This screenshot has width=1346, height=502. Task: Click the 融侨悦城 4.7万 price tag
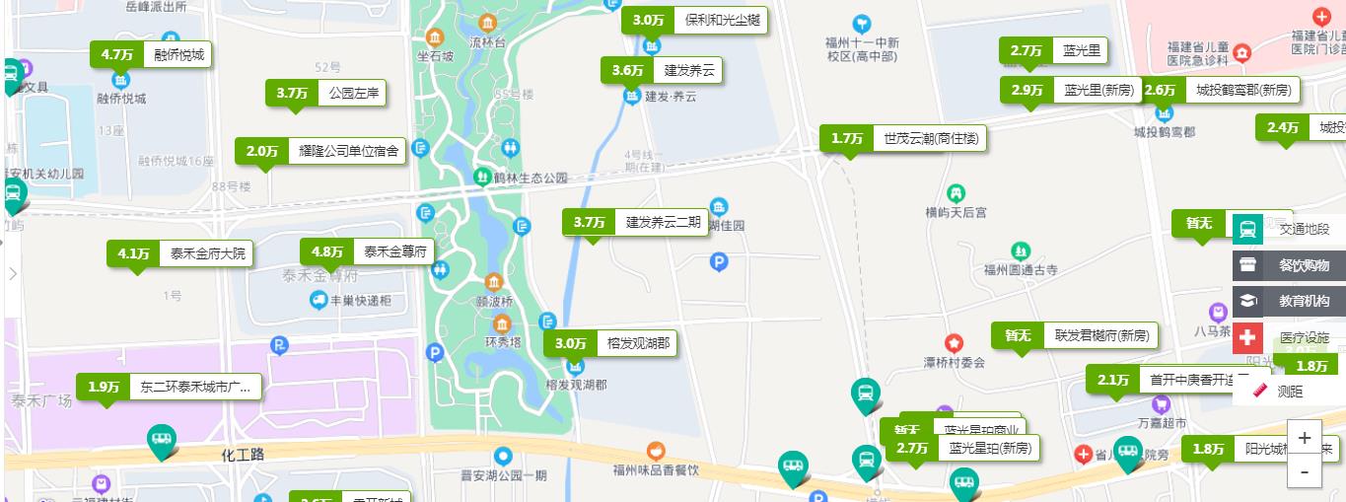[x=151, y=55]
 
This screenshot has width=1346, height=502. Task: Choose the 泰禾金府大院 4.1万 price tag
[x=179, y=253]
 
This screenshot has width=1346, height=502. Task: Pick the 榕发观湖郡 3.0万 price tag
[x=610, y=343]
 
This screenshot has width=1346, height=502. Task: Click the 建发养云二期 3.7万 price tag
[x=635, y=222]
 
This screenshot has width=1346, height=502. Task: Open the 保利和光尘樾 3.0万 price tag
[x=694, y=20]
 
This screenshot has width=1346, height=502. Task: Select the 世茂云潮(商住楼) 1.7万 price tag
[x=902, y=139]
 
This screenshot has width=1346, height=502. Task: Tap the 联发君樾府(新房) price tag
[x=1074, y=335]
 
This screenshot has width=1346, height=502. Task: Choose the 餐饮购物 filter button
[x=1289, y=265]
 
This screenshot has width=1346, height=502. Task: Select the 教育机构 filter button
[x=1289, y=301]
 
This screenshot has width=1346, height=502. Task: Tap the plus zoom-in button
[x=1305, y=438]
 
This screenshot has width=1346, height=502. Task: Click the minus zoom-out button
[x=1305, y=472]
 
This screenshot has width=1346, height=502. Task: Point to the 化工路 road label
[x=243, y=455]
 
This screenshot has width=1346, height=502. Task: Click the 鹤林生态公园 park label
[x=531, y=178]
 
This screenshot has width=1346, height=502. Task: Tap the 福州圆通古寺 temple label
[x=1021, y=269]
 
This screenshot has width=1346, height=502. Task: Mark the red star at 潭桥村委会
[x=954, y=344]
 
